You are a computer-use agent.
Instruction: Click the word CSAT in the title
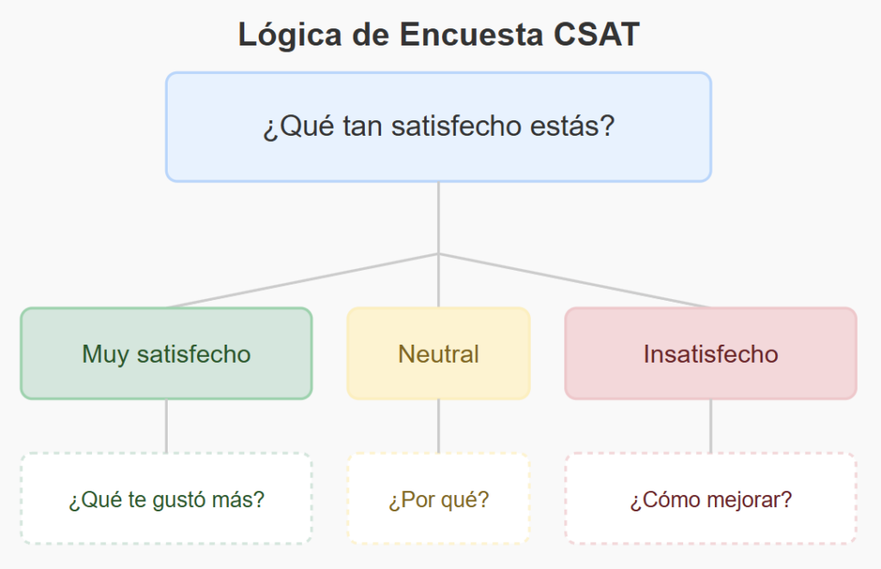click(596, 34)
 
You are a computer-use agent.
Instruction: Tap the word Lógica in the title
click(290, 35)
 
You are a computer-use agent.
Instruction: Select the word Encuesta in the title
click(471, 34)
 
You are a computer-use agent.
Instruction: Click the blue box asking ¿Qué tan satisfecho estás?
click(439, 127)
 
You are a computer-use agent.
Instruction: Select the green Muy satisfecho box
click(166, 353)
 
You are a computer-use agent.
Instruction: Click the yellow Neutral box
click(439, 353)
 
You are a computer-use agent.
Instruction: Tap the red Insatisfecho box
click(711, 353)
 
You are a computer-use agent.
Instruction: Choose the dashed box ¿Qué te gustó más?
click(166, 499)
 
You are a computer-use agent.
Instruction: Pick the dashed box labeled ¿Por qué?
click(439, 499)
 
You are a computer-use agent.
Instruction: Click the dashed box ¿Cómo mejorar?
click(711, 499)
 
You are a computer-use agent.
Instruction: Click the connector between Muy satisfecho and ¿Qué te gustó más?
click(166, 426)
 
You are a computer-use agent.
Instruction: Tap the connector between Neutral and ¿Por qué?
click(439, 426)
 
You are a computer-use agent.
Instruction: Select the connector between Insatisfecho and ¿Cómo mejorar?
click(711, 426)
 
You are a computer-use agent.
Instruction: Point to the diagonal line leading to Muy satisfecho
click(302, 280)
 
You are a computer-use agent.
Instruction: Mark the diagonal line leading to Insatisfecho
click(575, 280)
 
